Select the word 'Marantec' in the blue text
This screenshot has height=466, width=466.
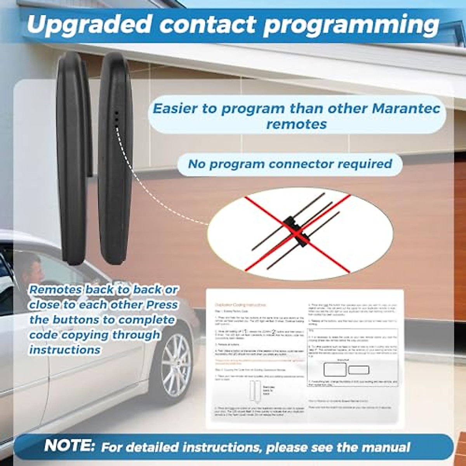[x=406, y=108]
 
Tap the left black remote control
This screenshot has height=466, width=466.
[x=72, y=159]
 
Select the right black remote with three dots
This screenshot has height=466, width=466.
[x=115, y=159]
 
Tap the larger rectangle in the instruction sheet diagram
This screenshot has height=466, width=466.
[x=335, y=369]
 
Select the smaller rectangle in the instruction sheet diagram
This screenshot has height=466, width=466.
[x=358, y=370]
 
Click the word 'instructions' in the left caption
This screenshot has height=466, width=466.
[x=65, y=350]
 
